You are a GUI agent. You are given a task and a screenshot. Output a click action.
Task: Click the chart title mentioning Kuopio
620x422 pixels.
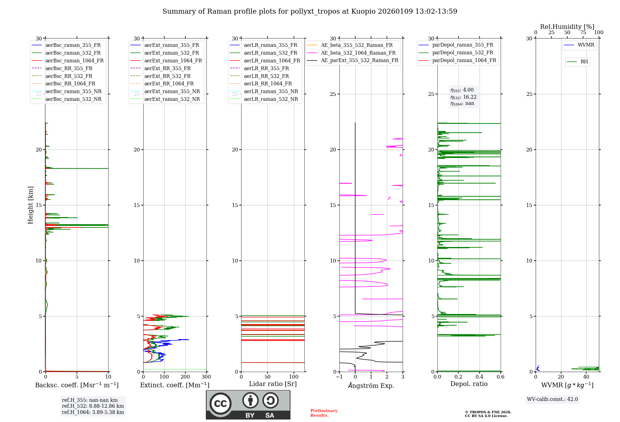pyautogui.click(x=310, y=11)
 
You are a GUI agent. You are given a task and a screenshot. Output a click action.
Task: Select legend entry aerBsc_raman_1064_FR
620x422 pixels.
pyautogui.click(x=74, y=61)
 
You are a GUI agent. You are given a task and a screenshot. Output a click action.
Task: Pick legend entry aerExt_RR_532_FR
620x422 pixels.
pyautogui.click(x=167, y=76)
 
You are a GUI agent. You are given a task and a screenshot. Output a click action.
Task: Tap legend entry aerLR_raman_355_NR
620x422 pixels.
pyautogui.click(x=271, y=91)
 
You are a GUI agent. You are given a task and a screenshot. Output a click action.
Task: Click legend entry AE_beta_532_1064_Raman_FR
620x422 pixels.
pyautogui.click(x=358, y=53)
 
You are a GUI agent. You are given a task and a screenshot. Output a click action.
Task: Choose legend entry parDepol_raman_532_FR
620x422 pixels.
pyautogui.click(x=463, y=53)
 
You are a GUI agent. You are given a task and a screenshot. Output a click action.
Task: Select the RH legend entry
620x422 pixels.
pyautogui.click(x=584, y=62)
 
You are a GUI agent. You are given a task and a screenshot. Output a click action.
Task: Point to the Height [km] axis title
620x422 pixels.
pyautogui.click(x=30, y=205)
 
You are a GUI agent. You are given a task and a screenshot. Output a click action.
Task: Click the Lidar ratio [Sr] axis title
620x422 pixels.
pyautogui.click(x=273, y=384)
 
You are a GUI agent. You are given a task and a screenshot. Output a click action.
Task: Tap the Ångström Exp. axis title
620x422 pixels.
pyautogui.click(x=371, y=385)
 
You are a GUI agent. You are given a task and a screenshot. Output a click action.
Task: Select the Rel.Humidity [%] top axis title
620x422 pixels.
pyautogui.click(x=567, y=27)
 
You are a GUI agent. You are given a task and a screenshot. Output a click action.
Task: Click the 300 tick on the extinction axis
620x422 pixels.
pyautogui.click(x=206, y=377)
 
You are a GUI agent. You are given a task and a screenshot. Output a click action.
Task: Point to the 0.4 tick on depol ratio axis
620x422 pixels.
pyautogui.click(x=480, y=377)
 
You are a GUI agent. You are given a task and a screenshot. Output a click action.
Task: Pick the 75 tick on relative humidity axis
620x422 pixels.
pyautogui.click(x=583, y=33)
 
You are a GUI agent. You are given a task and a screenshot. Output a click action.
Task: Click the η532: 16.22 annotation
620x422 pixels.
pyautogui.click(x=463, y=97)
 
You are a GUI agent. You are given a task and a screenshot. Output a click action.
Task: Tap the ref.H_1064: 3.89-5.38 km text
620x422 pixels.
pyautogui.click(x=93, y=412)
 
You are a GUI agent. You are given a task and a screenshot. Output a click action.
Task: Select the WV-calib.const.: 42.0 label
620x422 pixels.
pyautogui.click(x=552, y=399)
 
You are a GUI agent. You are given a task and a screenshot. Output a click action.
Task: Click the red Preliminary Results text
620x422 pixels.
pyautogui.click(x=324, y=413)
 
